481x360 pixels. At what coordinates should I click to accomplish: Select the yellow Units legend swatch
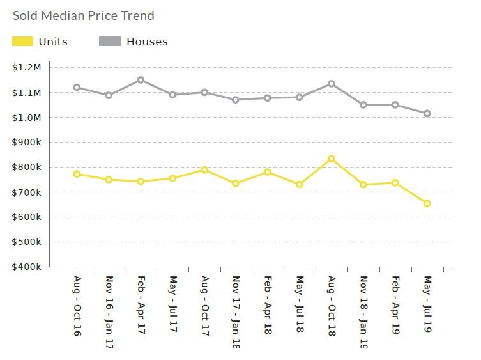[22, 42]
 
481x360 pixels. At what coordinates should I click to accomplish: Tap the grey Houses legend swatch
[110, 42]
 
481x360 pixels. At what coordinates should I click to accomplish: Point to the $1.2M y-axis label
[27, 67]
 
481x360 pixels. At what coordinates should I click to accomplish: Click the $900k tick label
[27, 143]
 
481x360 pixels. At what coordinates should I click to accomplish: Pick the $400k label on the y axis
[27, 267]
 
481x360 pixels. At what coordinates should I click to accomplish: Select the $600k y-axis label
[27, 217]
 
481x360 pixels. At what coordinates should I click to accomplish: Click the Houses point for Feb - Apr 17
[141, 80]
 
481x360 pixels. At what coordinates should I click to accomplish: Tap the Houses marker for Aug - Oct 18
[332, 84]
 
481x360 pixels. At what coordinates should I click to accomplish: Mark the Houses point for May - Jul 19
[427, 113]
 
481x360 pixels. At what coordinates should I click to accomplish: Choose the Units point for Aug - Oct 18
[332, 159]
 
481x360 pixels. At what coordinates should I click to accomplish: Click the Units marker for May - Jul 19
[427, 203]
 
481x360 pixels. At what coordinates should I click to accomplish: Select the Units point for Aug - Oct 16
[77, 174]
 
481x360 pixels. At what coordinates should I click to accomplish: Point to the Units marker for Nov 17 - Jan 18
[236, 184]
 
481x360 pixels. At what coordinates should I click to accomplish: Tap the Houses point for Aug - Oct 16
[77, 87]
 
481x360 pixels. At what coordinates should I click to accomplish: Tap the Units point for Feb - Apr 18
[268, 172]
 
